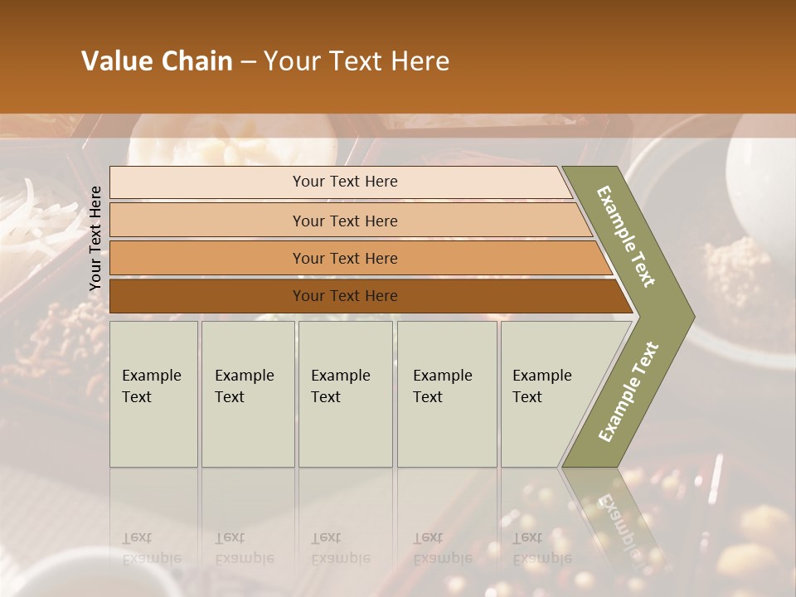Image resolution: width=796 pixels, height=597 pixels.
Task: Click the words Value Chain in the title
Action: pyautogui.click(x=157, y=61)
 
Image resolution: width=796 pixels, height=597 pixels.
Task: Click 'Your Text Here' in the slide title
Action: pyautogui.click(x=357, y=61)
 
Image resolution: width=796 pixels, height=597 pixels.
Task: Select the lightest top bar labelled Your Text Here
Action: pyautogui.click(x=344, y=182)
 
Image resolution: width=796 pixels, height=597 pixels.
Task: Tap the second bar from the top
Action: pyautogui.click(x=344, y=221)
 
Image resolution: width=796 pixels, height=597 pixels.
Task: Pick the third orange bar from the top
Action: pyautogui.click(x=344, y=258)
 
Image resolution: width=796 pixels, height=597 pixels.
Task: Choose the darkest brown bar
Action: pyautogui.click(x=344, y=296)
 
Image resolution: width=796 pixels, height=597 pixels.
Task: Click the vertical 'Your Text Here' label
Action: pyautogui.click(x=95, y=238)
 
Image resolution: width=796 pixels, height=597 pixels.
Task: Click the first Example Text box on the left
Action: pyautogui.click(x=153, y=393)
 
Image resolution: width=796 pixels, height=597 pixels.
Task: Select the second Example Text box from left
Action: pyautogui.click(x=247, y=393)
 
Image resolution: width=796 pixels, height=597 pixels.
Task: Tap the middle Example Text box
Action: pyautogui.click(x=345, y=393)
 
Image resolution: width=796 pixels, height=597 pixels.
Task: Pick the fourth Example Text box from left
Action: pyautogui.click(x=446, y=393)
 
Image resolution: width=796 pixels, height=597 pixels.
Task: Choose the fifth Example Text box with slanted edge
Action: pyautogui.click(x=547, y=393)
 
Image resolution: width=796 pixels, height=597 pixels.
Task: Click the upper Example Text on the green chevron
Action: pyautogui.click(x=626, y=236)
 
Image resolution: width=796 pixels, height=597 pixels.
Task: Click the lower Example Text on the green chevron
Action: pyautogui.click(x=629, y=391)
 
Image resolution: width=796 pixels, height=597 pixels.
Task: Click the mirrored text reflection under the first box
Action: pyautogui.click(x=151, y=548)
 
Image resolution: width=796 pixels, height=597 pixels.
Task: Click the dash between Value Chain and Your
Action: pyautogui.click(x=248, y=62)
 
